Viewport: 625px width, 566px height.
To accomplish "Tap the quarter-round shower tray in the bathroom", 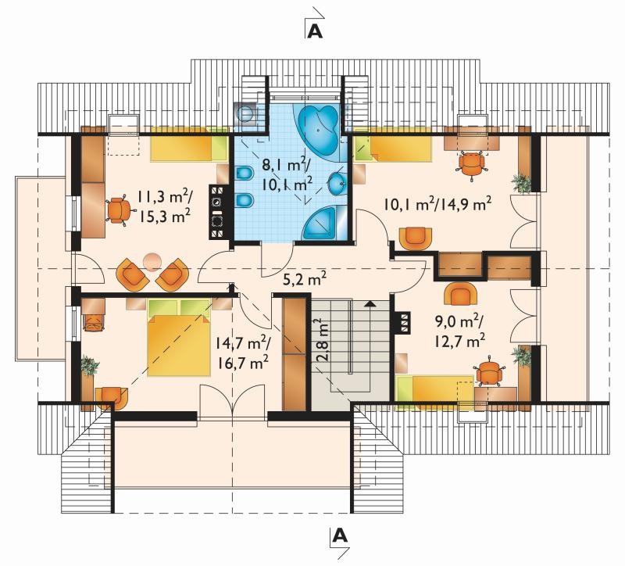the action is point(320,224).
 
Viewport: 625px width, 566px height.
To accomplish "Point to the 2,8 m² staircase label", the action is point(323,340).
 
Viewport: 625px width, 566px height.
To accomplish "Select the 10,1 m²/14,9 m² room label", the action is point(437,204).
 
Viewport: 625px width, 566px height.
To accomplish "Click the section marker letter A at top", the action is point(315,31).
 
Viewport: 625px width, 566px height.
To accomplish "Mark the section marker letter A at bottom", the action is point(339,536).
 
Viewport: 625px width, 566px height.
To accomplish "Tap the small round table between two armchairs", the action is point(152,262).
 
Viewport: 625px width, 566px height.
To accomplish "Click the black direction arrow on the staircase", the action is point(370,304).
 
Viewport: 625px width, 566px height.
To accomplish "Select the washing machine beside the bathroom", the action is point(246,113).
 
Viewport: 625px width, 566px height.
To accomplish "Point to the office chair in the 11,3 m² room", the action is point(118,210).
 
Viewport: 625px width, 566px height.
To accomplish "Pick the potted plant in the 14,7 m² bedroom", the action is point(89,365).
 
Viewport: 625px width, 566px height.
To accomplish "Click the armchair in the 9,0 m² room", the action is point(460,295).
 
